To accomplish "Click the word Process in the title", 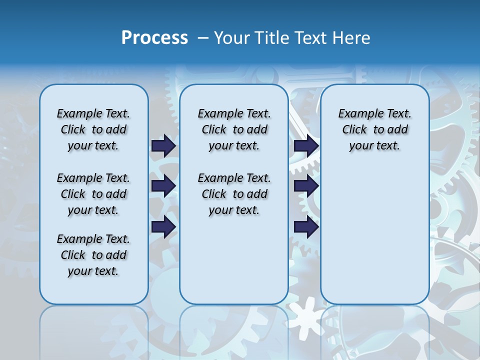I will pyautogui.click(x=154, y=38).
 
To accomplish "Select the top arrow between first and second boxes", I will pyautogui.click(x=163, y=145).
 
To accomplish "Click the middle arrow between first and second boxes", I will pyautogui.click(x=163, y=186).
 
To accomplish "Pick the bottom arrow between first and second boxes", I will pyautogui.click(x=163, y=226).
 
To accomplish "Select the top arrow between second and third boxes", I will pyautogui.click(x=306, y=145).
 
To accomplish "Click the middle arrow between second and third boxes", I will pyautogui.click(x=306, y=186).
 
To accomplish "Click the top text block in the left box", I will pyautogui.click(x=93, y=129).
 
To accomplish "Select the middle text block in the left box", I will pyautogui.click(x=93, y=194).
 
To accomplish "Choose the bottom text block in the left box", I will pyautogui.click(x=93, y=255).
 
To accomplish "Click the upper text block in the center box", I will pyautogui.click(x=234, y=129).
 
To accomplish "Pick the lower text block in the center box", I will pyautogui.click(x=234, y=194).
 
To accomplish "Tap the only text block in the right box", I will pyautogui.click(x=374, y=129).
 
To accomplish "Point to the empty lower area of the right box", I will pyautogui.click(x=374, y=235).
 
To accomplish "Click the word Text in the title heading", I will pyautogui.click(x=311, y=38).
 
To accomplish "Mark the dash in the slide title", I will pyautogui.click(x=203, y=38).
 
